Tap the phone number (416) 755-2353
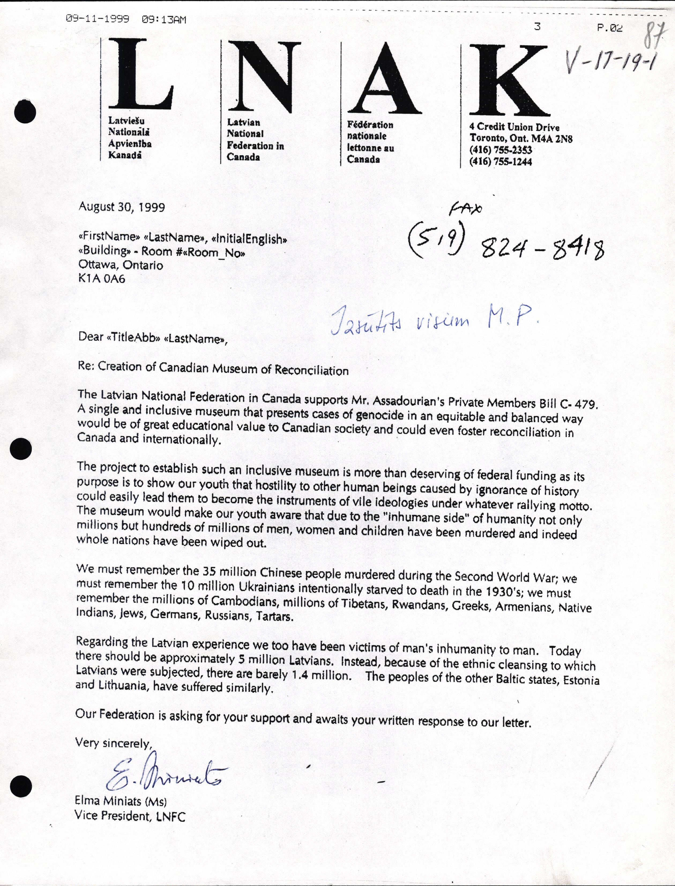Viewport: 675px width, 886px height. [x=501, y=150]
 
